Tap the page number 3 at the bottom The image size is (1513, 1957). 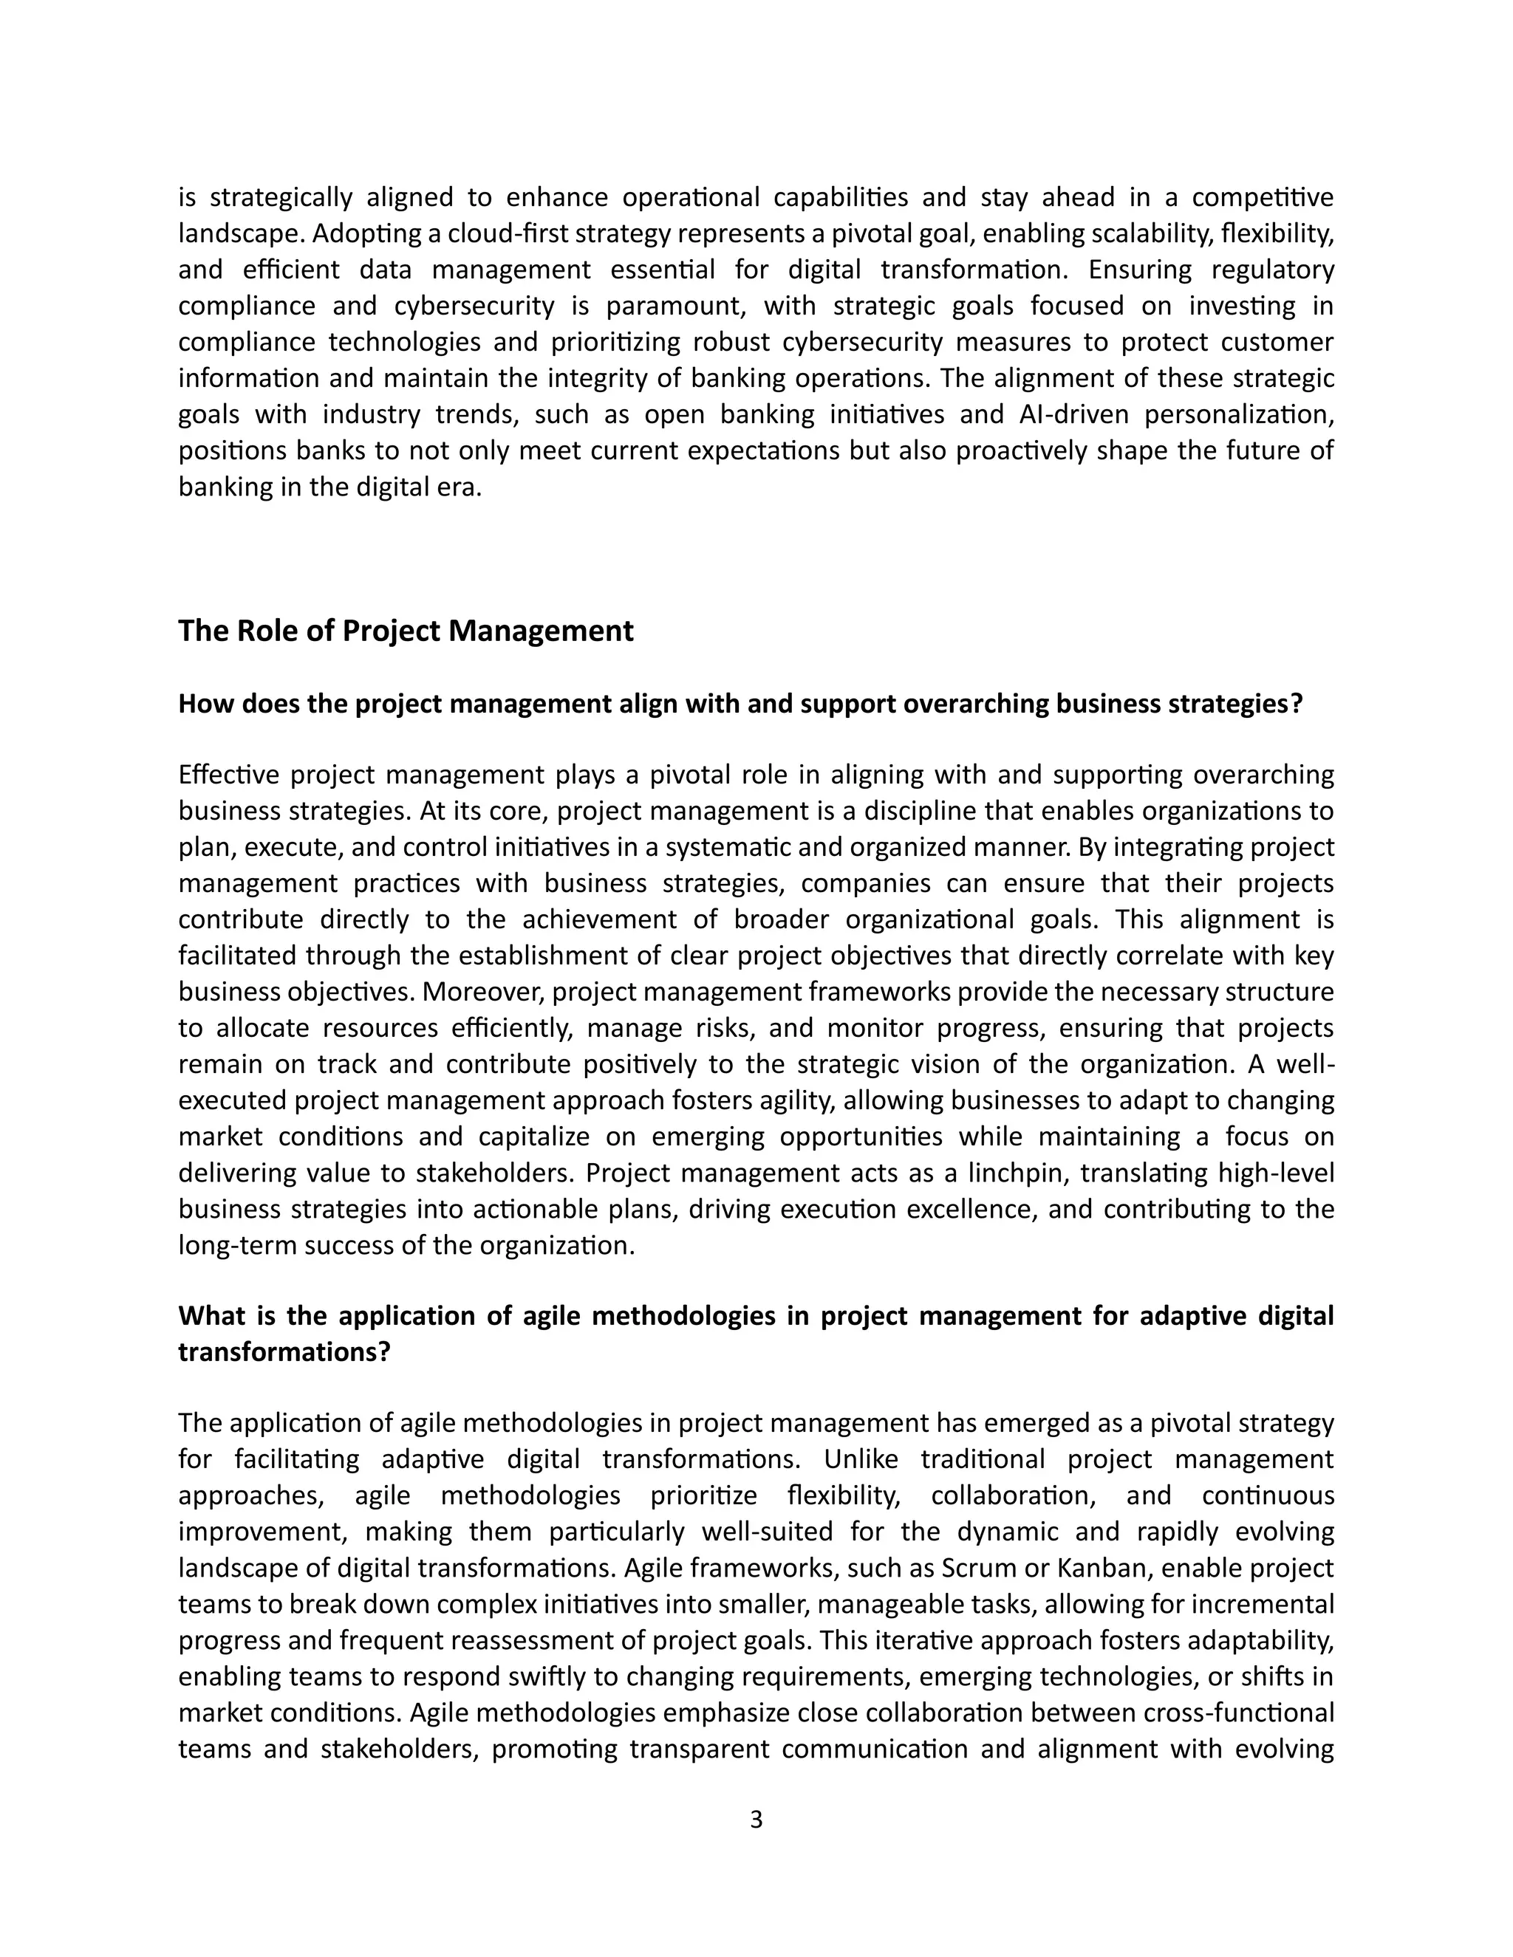point(756,1820)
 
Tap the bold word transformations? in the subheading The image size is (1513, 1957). point(284,1351)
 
